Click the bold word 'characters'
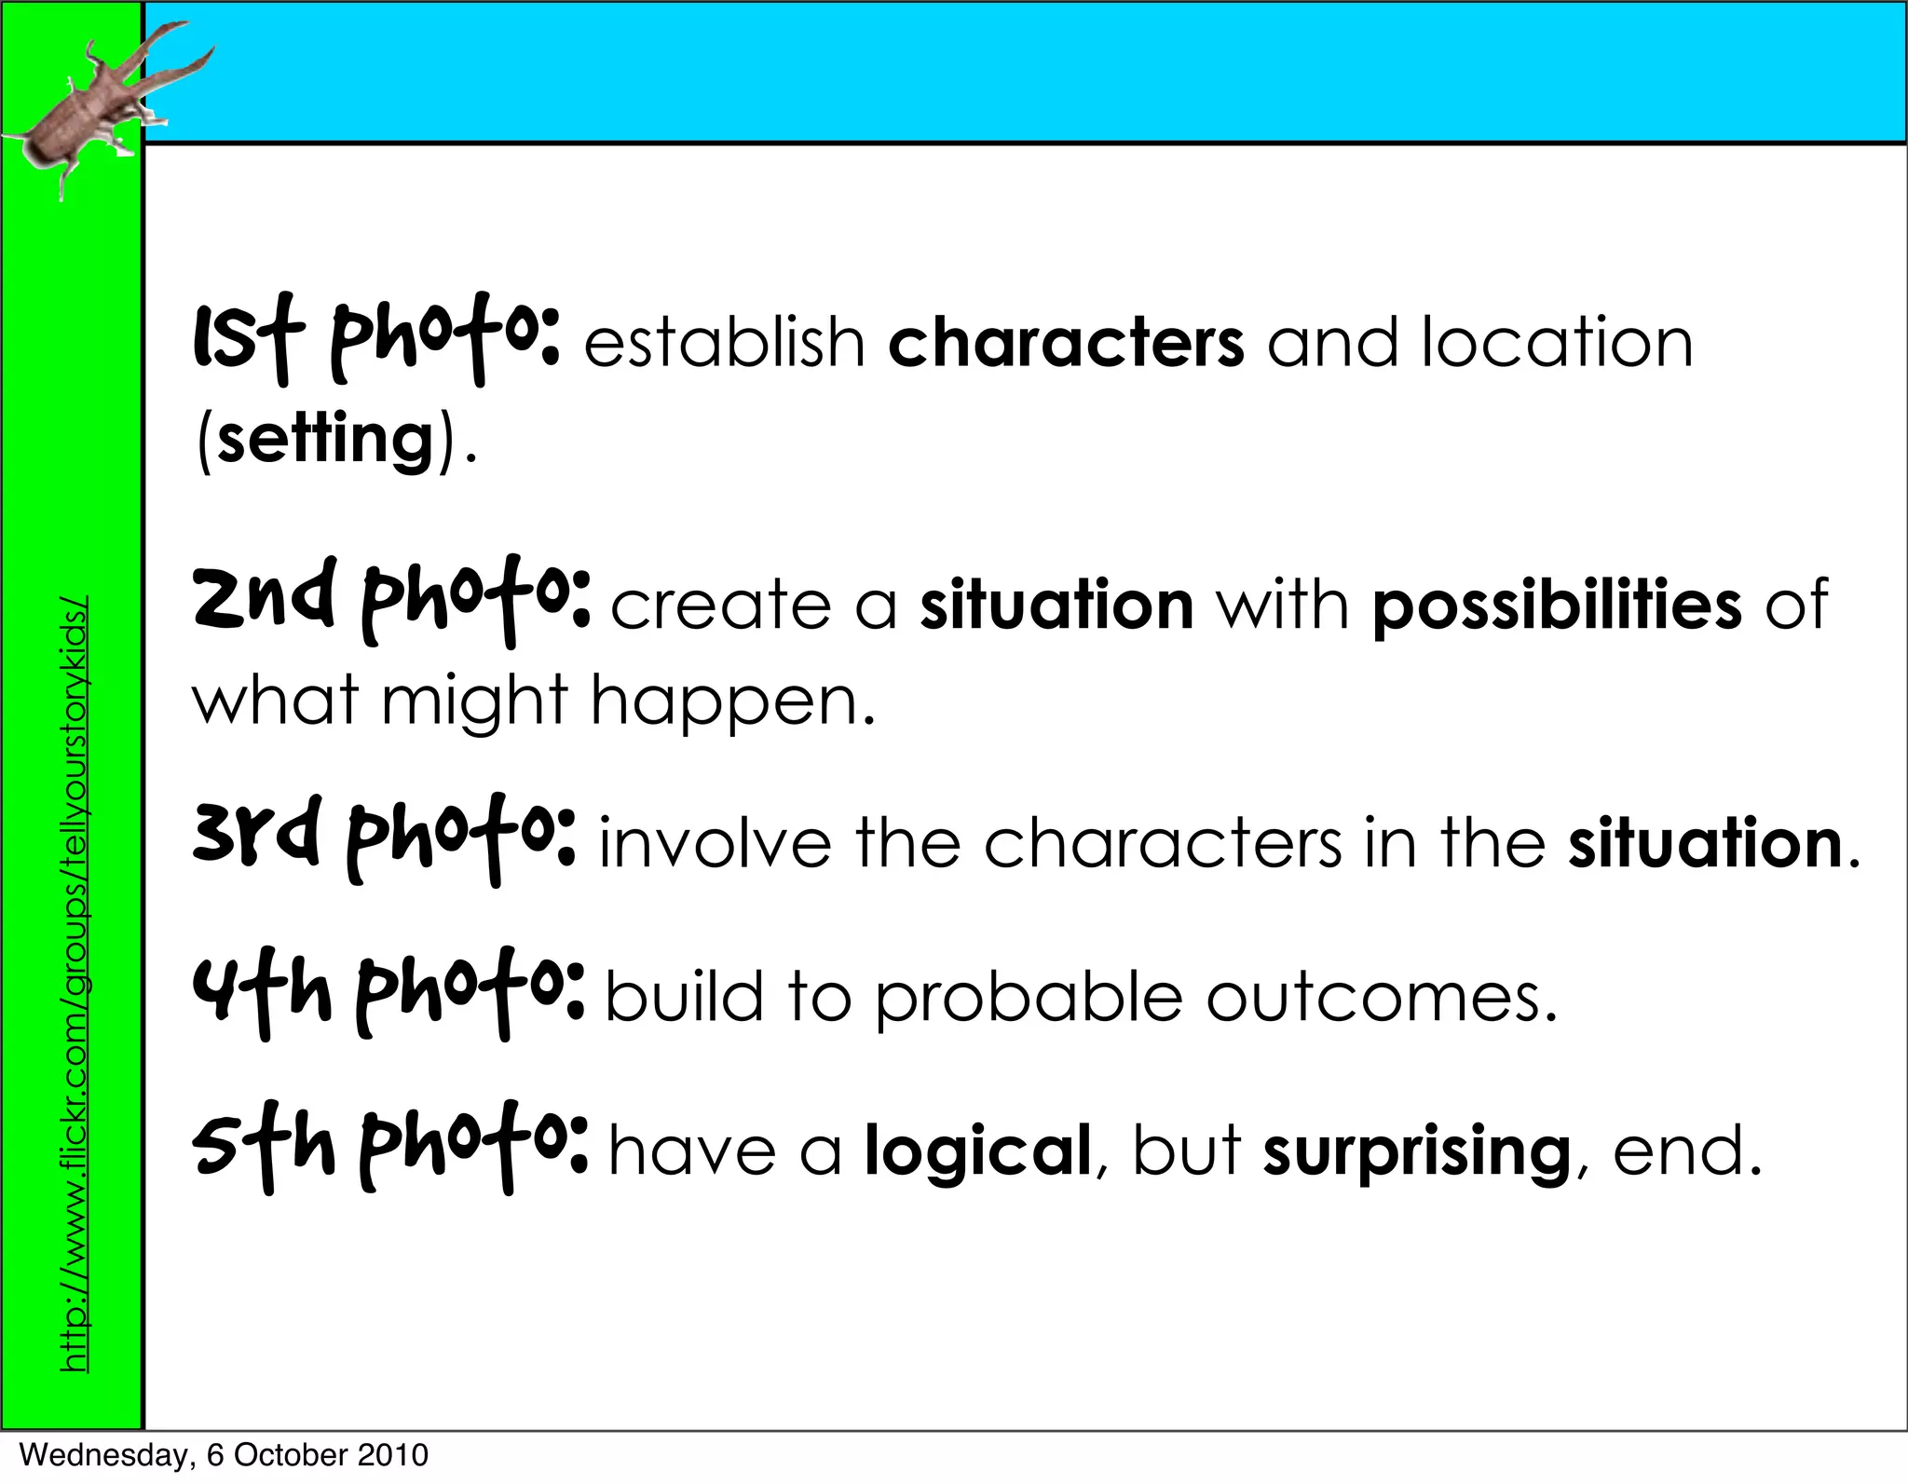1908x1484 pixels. click(x=1066, y=343)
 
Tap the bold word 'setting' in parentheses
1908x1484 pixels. click(x=326, y=439)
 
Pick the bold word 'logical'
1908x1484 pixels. click(x=977, y=1151)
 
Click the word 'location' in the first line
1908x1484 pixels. click(x=1557, y=343)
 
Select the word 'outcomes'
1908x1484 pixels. click(x=1381, y=997)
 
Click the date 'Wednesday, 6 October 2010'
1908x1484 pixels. click(x=224, y=1455)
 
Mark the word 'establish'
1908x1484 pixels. click(x=725, y=343)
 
